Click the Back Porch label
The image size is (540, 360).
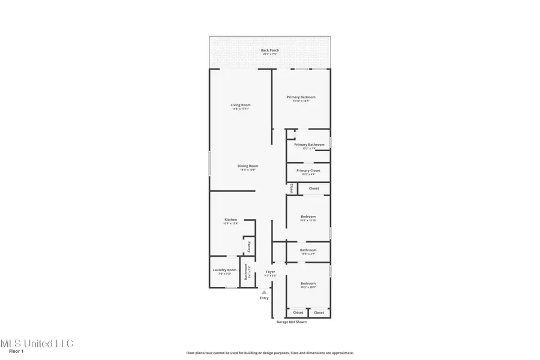tap(270, 50)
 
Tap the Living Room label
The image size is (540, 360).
tap(240, 106)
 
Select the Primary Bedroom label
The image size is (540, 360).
tap(301, 97)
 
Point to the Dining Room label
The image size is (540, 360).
tap(248, 166)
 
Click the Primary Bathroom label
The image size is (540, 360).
tap(309, 145)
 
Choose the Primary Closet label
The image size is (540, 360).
tap(308, 170)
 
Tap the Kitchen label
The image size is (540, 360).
tap(231, 220)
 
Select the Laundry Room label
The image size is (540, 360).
tap(224, 270)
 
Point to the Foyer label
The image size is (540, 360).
tap(271, 272)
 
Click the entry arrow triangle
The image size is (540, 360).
tap(264, 292)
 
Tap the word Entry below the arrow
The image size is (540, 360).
tap(264, 298)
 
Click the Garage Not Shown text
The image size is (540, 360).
tap(291, 322)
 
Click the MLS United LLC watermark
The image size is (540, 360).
tap(36, 343)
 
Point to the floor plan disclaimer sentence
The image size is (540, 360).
tap(269, 353)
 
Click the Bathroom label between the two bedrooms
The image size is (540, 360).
tap(308, 250)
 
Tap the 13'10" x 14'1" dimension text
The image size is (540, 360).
tap(301, 101)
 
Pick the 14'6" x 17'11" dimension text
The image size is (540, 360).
tap(240, 109)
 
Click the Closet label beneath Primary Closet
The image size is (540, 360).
tap(314, 188)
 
